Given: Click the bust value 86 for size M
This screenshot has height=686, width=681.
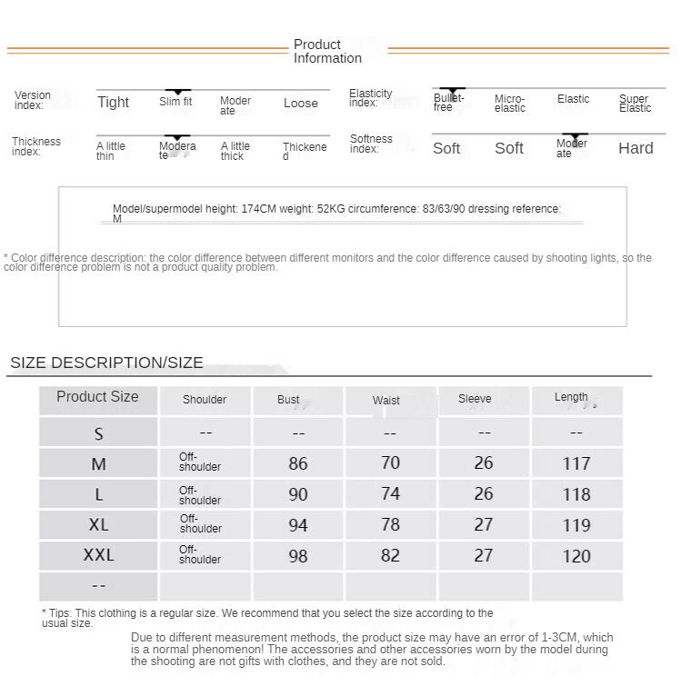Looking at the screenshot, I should click(298, 463).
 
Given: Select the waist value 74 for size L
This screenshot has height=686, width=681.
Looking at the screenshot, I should click(390, 493).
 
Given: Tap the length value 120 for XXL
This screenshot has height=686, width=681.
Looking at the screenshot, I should click(576, 556).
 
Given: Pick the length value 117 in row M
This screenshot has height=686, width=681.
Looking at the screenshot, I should click(576, 463).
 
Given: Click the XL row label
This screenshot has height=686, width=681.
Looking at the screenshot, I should click(98, 525).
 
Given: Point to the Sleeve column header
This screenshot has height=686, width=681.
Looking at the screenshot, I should click(475, 399).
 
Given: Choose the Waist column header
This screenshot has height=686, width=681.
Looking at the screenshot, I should click(386, 400).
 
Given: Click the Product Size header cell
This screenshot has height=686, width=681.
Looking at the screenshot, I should click(97, 397).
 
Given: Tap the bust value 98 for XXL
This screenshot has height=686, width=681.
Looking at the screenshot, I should click(298, 556).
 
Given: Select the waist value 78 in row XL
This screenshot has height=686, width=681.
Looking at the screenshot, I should click(390, 524).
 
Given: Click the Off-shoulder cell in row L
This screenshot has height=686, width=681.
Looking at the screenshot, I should click(200, 495).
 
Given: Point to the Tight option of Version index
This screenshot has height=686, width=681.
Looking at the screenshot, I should click(114, 103).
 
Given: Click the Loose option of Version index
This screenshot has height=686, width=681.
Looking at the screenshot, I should click(301, 104).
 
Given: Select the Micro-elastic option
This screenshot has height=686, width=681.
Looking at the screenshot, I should click(510, 104).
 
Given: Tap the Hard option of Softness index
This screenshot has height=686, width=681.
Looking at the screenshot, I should click(636, 149).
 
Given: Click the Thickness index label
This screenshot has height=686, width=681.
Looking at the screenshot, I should click(36, 146).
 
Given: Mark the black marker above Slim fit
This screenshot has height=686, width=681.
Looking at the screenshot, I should click(177, 92).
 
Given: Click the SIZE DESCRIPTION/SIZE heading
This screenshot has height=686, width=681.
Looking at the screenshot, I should click(106, 363).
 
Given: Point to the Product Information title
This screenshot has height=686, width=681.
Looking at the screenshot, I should click(327, 51).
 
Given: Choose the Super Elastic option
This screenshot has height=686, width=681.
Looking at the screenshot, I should click(635, 104).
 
